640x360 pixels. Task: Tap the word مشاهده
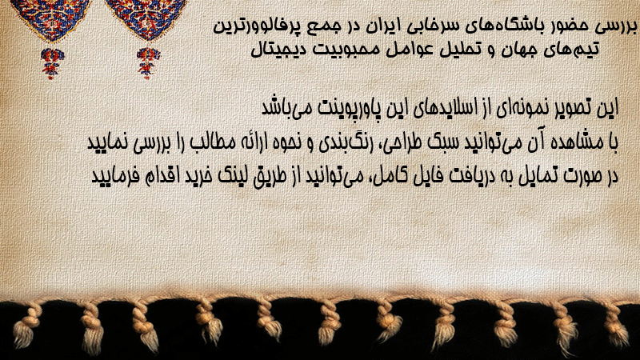pos(578,142)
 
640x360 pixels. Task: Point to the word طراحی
pos(398,143)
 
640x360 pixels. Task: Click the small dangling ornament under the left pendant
pos(52,63)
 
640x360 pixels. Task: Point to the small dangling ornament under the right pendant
pos(148,63)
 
